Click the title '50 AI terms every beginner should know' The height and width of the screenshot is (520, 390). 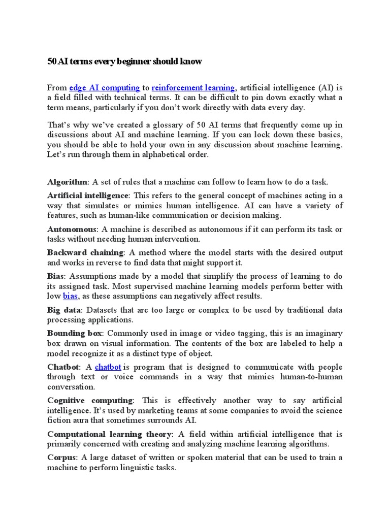point(124,61)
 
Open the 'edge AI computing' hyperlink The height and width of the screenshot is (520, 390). point(104,87)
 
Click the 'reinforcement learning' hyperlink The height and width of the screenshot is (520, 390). point(193,87)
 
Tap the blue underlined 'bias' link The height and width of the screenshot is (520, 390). point(71,296)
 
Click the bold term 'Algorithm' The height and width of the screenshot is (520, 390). point(67,182)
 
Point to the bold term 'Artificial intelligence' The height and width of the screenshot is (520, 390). point(87,196)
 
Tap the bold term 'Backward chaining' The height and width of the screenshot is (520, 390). point(85,252)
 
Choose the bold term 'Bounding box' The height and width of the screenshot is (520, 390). point(75,333)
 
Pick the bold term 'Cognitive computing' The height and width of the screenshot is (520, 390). point(90,401)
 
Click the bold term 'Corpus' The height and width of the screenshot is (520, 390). point(61,458)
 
